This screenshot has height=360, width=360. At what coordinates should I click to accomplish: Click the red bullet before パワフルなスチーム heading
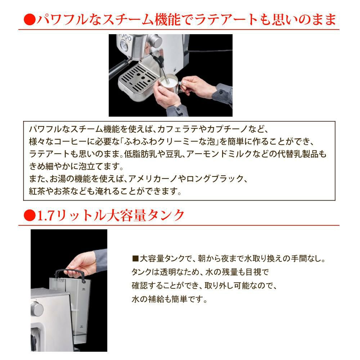[30, 19]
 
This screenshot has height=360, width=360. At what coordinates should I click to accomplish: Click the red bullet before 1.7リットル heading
[30, 215]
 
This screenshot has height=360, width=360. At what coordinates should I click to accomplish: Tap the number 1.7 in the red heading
[45, 215]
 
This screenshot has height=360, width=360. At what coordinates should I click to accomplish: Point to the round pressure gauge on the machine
[124, 45]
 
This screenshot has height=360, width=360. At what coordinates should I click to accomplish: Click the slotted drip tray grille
[139, 78]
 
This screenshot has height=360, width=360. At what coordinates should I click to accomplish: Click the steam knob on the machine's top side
[155, 41]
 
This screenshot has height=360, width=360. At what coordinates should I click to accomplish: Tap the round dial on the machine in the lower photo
[37, 309]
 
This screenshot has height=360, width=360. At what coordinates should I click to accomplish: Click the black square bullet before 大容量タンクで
[135, 259]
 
